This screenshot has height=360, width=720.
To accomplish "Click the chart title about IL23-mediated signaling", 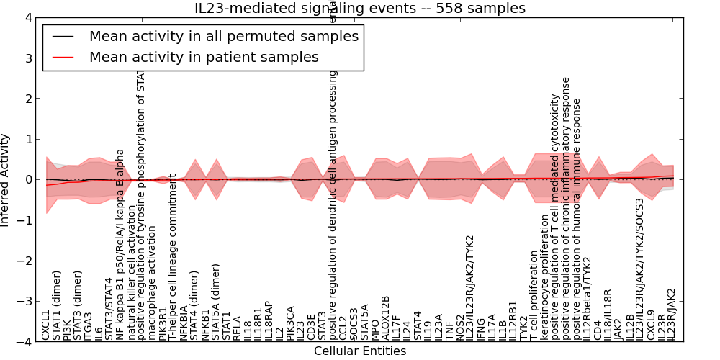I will click(x=360, y=9).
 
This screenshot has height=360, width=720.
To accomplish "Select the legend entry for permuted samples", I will click(x=223, y=37).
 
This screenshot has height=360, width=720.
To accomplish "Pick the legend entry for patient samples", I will click(x=204, y=57).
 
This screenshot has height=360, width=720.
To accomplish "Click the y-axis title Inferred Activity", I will click(x=6, y=180).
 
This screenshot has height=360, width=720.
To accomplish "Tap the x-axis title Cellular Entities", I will click(x=360, y=351).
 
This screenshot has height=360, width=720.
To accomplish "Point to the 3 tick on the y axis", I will click(x=28, y=58).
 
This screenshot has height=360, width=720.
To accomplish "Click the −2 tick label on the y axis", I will click(x=25, y=261).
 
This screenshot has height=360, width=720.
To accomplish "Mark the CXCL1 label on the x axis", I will click(x=46, y=325).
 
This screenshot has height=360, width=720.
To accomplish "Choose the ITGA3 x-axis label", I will click(x=89, y=325).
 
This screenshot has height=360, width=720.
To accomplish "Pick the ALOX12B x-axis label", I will click(x=385, y=318).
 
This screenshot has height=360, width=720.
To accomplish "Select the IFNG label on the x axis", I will click(x=481, y=328).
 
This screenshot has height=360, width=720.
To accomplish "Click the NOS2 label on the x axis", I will click(x=459, y=326).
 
